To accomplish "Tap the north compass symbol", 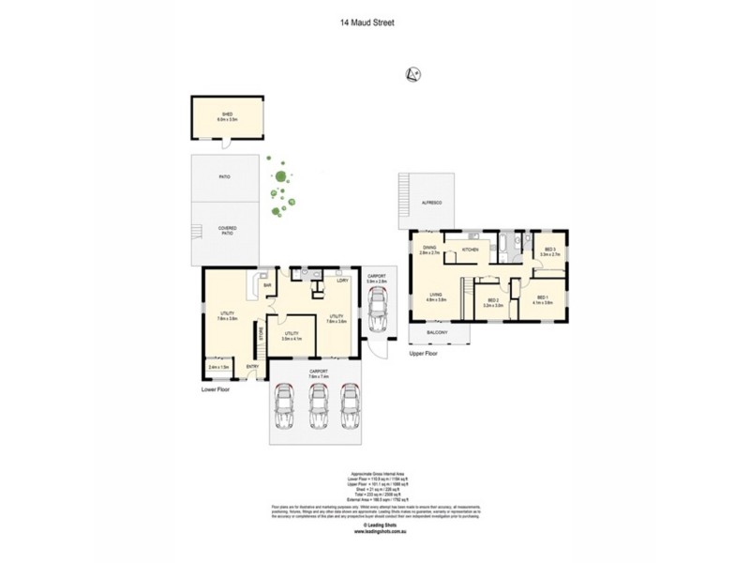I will [411, 74].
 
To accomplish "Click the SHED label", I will [225, 114].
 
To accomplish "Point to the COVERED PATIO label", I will [227, 230].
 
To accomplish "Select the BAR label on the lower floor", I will [267, 285].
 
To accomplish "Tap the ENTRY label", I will [252, 366].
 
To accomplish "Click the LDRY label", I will [343, 281].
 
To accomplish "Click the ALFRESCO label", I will [432, 203].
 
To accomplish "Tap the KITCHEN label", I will [471, 251].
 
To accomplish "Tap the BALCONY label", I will [437, 332].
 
